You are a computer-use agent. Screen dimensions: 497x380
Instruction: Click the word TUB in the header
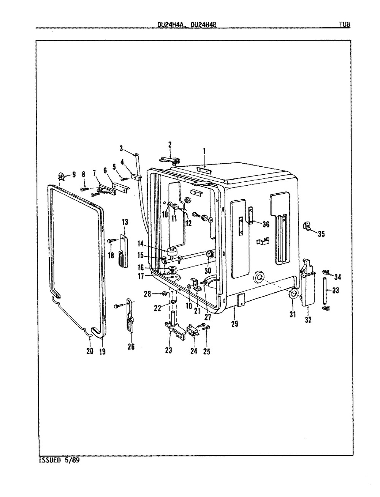click(344, 25)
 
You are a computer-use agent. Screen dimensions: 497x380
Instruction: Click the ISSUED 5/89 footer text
click(60, 460)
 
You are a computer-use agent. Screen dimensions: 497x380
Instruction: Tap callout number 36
click(265, 224)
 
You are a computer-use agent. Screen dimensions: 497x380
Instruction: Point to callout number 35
click(321, 234)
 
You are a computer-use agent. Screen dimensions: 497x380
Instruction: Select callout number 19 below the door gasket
click(102, 351)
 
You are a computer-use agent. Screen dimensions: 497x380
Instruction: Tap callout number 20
click(90, 351)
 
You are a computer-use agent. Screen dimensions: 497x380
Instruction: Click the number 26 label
click(131, 346)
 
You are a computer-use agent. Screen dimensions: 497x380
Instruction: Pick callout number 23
click(168, 350)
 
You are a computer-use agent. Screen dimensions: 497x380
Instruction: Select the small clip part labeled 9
click(61, 176)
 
